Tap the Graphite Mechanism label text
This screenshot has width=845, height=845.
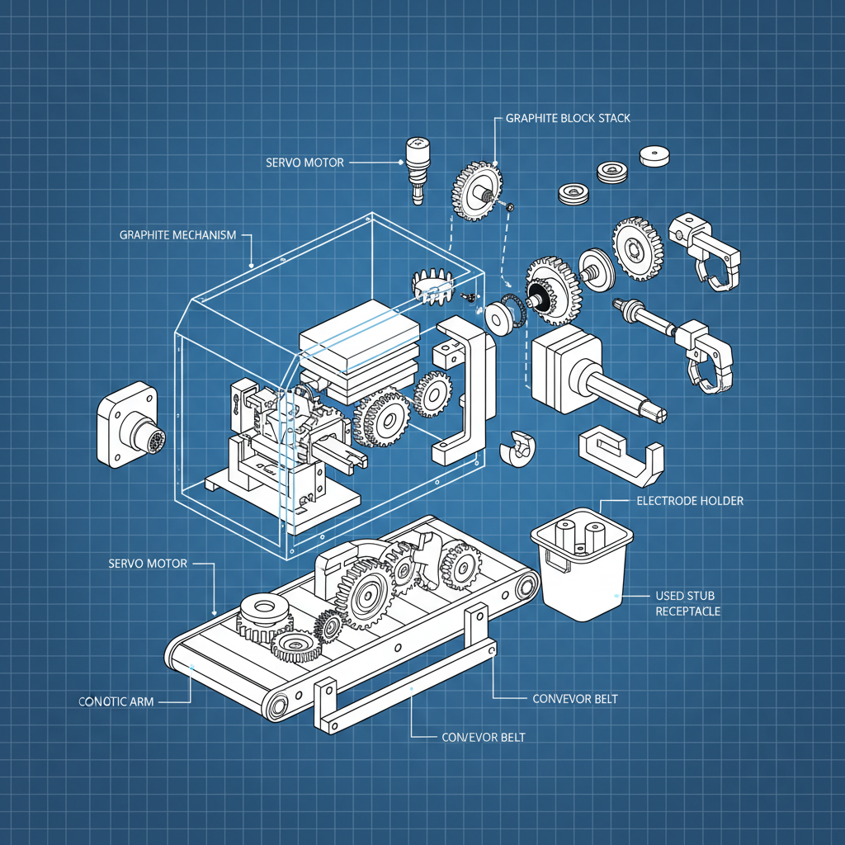177,235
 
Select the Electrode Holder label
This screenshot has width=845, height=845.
690,501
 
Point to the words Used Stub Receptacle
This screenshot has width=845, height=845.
687,603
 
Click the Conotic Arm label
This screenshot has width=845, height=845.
116,701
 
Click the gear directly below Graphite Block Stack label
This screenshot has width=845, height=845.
476,191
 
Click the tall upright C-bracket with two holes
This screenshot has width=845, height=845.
460,388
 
